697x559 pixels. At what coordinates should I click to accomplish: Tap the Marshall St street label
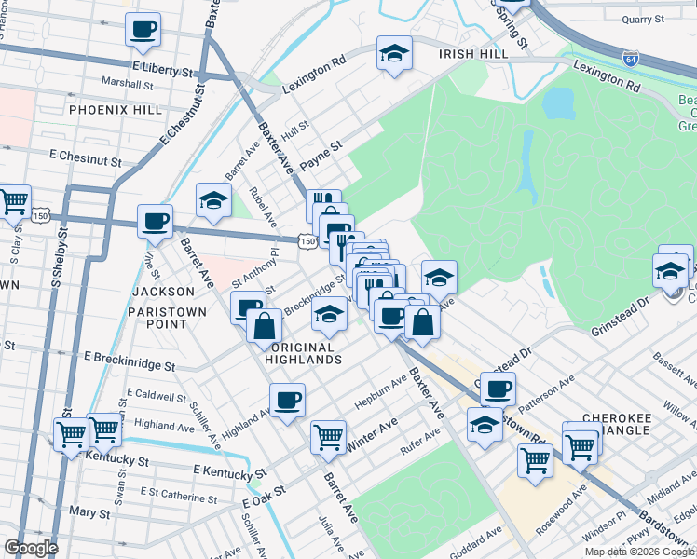click(x=128, y=84)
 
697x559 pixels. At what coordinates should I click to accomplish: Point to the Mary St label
click(x=89, y=512)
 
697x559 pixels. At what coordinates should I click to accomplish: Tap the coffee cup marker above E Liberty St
click(x=143, y=29)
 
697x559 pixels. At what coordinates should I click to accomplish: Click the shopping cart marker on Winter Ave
click(x=328, y=435)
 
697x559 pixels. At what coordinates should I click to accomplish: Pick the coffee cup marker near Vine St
click(x=155, y=222)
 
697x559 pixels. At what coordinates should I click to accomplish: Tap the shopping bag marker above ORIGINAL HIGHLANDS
click(x=265, y=326)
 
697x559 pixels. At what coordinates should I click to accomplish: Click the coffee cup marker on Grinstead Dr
click(x=498, y=388)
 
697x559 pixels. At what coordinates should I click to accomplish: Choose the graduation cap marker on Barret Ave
click(x=213, y=199)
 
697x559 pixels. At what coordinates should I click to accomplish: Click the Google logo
click(x=31, y=548)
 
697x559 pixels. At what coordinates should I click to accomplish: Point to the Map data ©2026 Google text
click(x=640, y=552)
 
